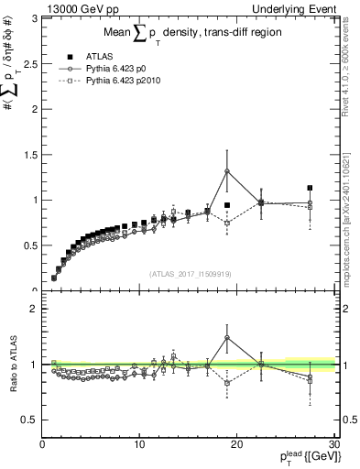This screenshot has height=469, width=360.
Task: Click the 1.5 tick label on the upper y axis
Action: coord(27,154)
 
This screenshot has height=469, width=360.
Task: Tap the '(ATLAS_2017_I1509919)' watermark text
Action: coord(190,273)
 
